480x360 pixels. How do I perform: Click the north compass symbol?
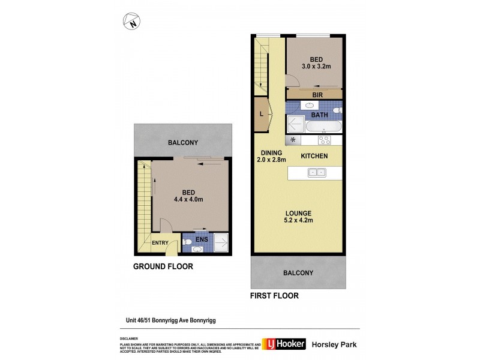[x=131, y=23]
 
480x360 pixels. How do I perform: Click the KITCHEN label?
[x=314, y=156]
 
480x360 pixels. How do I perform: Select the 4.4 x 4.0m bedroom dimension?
[x=185, y=198]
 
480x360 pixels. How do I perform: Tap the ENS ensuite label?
[x=200, y=238]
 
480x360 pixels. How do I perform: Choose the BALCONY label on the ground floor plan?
[x=182, y=143]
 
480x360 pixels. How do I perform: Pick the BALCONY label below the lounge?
[x=298, y=273]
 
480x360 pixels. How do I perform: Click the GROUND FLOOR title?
[x=163, y=266]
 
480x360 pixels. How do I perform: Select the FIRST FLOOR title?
[x=275, y=296]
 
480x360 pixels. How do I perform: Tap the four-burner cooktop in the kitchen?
[x=325, y=140]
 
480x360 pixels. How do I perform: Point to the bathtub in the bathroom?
[x=323, y=127]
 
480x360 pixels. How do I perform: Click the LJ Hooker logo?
[x=284, y=344]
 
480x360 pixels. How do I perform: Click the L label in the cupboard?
[x=261, y=114]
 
